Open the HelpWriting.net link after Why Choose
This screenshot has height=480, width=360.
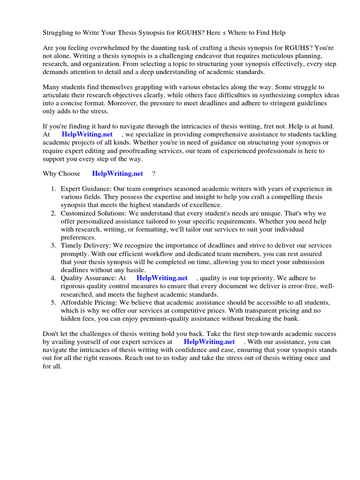coord(117,173)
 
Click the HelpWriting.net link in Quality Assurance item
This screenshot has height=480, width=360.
coord(162,278)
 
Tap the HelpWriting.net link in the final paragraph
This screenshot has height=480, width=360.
coord(209,342)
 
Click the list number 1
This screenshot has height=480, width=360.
coord(53,188)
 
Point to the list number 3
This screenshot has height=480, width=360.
coord(53,245)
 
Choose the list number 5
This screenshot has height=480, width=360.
coord(53,302)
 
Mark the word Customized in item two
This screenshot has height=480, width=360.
coord(78,213)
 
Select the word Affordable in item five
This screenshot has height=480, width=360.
coord(76,302)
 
